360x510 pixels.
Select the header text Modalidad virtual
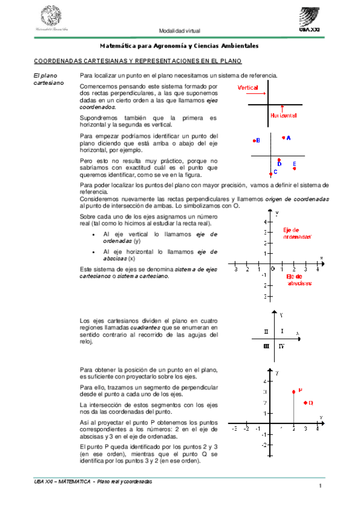point(179,31)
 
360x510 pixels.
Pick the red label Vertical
point(248,88)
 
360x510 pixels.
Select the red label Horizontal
point(284,115)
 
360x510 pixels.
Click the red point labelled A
point(283,138)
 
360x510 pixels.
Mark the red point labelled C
point(270,173)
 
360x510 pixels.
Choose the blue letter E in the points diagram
point(294,164)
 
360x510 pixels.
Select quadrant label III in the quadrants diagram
point(266,346)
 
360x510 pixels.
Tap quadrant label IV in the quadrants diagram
point(281,347)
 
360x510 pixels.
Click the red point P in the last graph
point(293,391)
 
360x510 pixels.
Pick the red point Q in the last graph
point(305,402)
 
